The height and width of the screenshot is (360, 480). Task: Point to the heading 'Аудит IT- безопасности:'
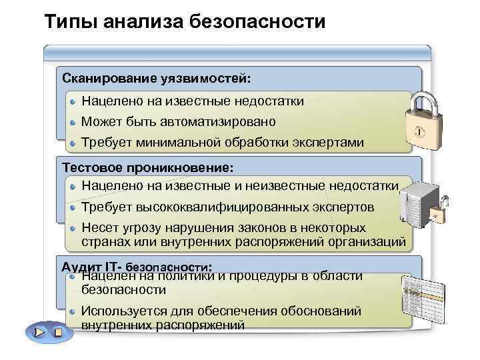[137, 267]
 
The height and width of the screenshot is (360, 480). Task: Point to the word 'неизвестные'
[283, 186]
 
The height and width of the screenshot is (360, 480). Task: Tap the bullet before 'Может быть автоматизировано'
[73, 123]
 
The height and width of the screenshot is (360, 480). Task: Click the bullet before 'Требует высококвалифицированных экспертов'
[73, 208]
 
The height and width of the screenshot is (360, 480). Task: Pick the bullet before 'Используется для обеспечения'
[73, 311]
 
